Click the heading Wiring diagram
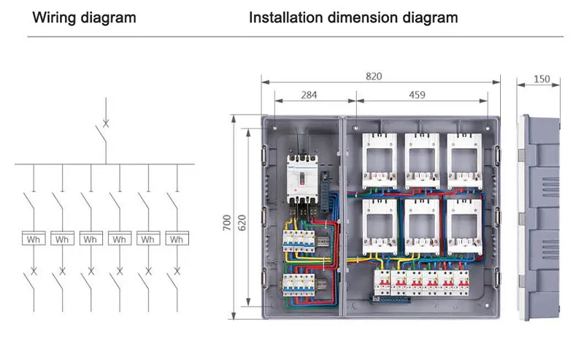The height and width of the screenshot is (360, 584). pos(84,18)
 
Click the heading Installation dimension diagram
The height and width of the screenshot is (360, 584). pos(353,18)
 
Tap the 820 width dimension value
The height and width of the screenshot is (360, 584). pos(374,76)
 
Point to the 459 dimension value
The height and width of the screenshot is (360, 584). pos(417,94)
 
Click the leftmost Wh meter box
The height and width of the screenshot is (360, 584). pos(34,239)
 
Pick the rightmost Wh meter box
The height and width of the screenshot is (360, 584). pos(176,239)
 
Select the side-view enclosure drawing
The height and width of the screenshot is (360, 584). pos(541,215)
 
